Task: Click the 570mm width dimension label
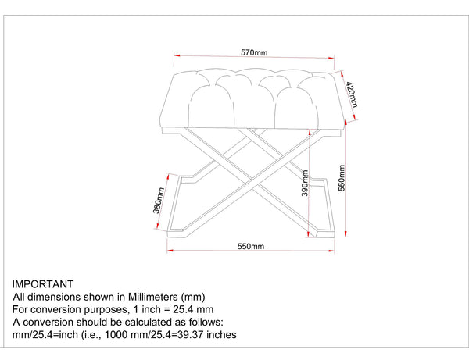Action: pyautogui.click(x=254, y=53)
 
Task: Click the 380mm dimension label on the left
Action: pyautogui.click(x=158, y=200)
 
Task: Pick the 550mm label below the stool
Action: pyautogui.click(x=251, y=246)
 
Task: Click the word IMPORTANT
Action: pyautogui.click(x=43, y=285)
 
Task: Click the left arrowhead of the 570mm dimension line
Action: pyautogui.click(x=176, y=58)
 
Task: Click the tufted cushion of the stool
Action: pyautogui.click(x=254, y=98)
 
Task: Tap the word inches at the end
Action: pyautogui.click(x=217, y=335)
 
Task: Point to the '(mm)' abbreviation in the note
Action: pyautogui.click(x=193, y=298)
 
